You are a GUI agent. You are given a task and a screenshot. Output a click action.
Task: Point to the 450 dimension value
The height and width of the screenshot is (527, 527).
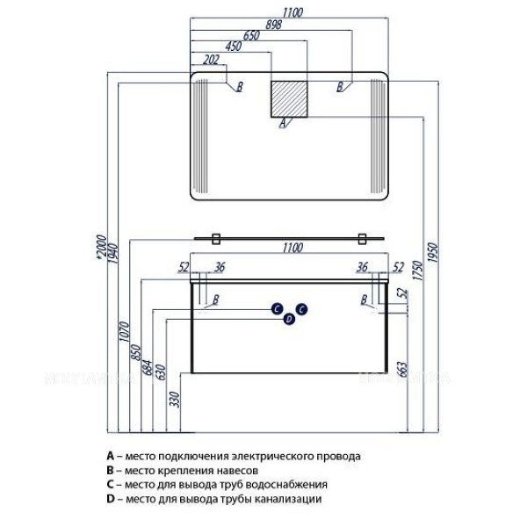(232, 47)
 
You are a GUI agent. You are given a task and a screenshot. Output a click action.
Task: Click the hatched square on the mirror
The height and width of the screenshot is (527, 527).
(290, 98)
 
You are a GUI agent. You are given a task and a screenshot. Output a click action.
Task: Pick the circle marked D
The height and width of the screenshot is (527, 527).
(288, 320)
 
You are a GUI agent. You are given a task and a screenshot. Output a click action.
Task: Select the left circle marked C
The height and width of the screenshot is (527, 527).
(276, 308)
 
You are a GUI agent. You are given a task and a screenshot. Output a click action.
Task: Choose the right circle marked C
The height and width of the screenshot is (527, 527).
(300, 308)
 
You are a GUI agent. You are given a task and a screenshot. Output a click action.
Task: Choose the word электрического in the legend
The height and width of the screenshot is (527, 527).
(269, 457)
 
